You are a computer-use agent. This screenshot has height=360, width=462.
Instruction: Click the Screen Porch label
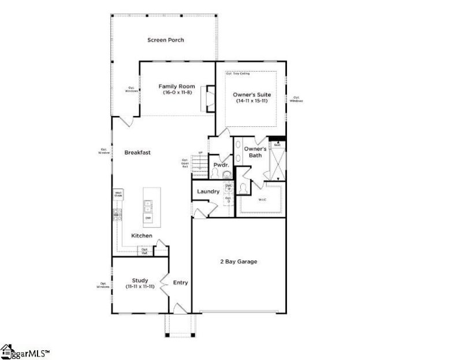(165, 40)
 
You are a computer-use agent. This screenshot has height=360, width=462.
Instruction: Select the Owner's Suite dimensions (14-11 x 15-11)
(252, 101)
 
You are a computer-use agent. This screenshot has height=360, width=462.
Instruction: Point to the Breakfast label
(137, 152)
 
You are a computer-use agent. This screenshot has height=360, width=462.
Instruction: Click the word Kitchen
(141, 235)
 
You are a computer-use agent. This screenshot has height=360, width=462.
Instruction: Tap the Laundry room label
(207, 192)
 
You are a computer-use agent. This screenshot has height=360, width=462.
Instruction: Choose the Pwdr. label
(221, 165)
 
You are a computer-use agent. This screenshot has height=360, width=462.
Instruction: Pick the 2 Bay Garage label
(239, 261)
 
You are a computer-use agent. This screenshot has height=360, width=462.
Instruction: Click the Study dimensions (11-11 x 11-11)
(140, 286)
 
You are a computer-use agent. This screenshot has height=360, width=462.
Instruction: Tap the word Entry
(181, 283)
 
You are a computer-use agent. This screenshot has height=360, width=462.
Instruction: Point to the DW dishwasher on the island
(148, 218)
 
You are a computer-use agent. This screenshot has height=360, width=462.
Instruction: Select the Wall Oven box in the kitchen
(118, 194)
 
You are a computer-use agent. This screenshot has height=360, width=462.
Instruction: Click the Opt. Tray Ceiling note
(237, 74)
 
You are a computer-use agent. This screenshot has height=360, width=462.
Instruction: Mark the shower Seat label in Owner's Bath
(277, 144)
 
